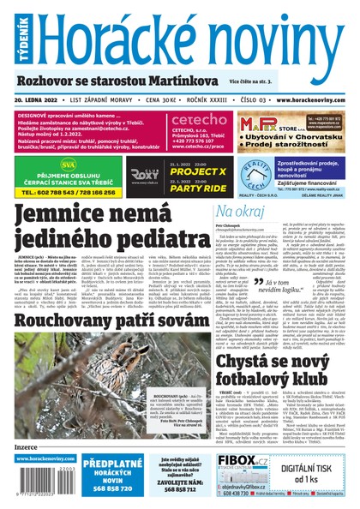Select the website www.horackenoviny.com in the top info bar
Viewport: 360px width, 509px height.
click(306, 99)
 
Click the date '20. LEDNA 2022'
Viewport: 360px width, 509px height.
click(40, 99)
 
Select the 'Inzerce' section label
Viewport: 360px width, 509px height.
click(27, 446)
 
